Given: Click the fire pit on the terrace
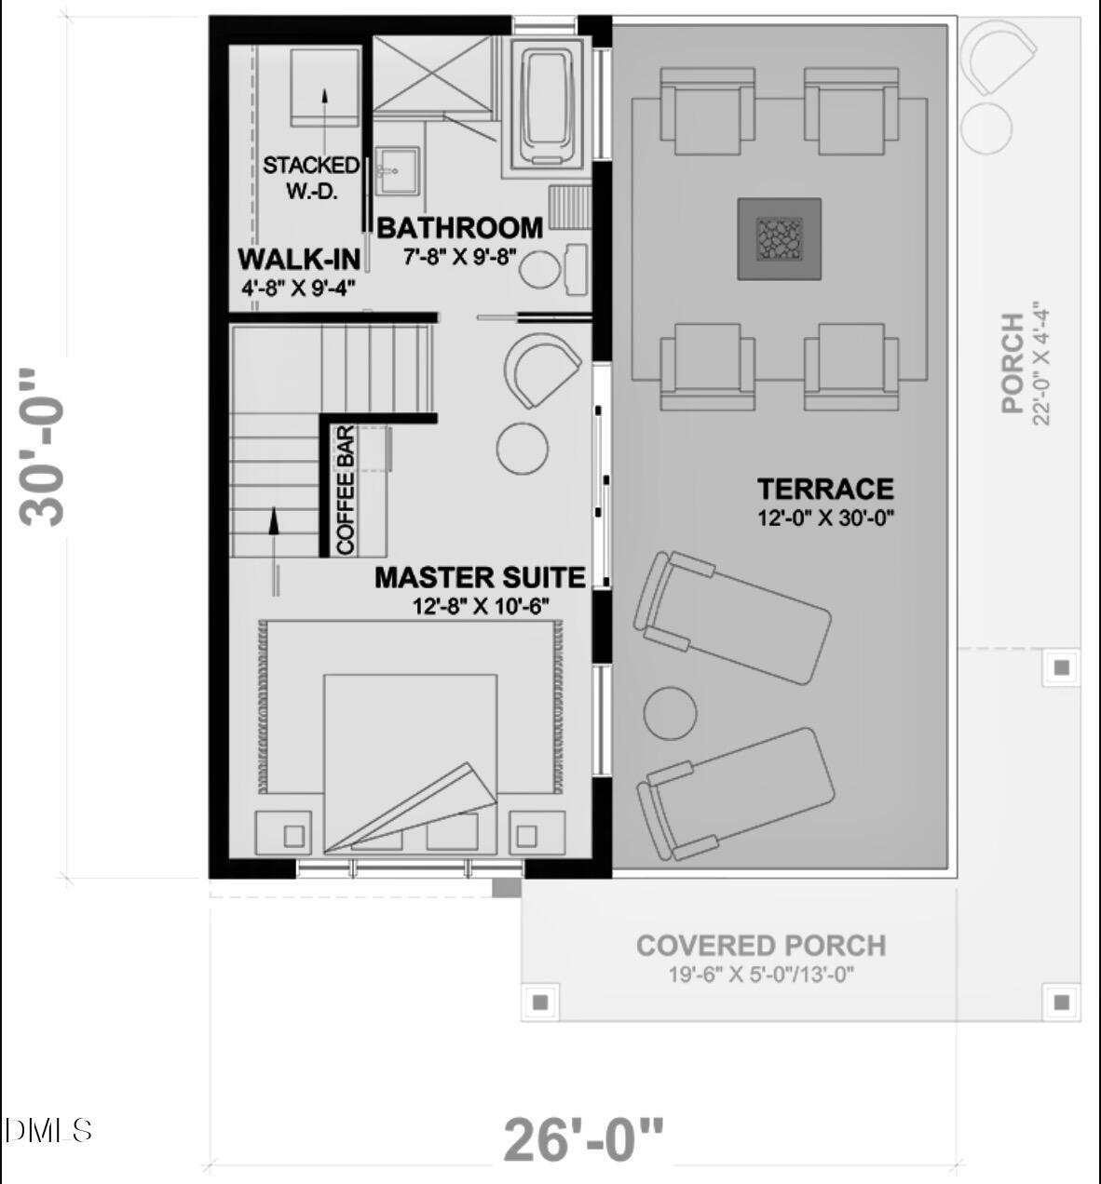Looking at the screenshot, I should click(780, 238).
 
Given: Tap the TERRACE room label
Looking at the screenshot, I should click(824, 489).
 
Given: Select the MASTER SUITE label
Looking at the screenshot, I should click(480, 577).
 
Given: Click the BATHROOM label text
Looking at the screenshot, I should click(459, 228).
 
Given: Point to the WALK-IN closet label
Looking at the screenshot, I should click(298, 259).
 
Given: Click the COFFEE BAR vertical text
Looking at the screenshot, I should click(345, 491).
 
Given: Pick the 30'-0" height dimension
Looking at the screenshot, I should click(44, 448).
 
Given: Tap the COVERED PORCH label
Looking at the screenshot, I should click(761, 946).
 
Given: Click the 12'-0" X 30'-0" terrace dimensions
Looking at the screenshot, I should click(825, 518).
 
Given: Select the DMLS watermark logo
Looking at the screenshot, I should click(48, 1130).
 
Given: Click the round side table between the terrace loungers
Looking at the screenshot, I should click(670, 714).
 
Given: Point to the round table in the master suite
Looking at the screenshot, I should click(523, 449).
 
